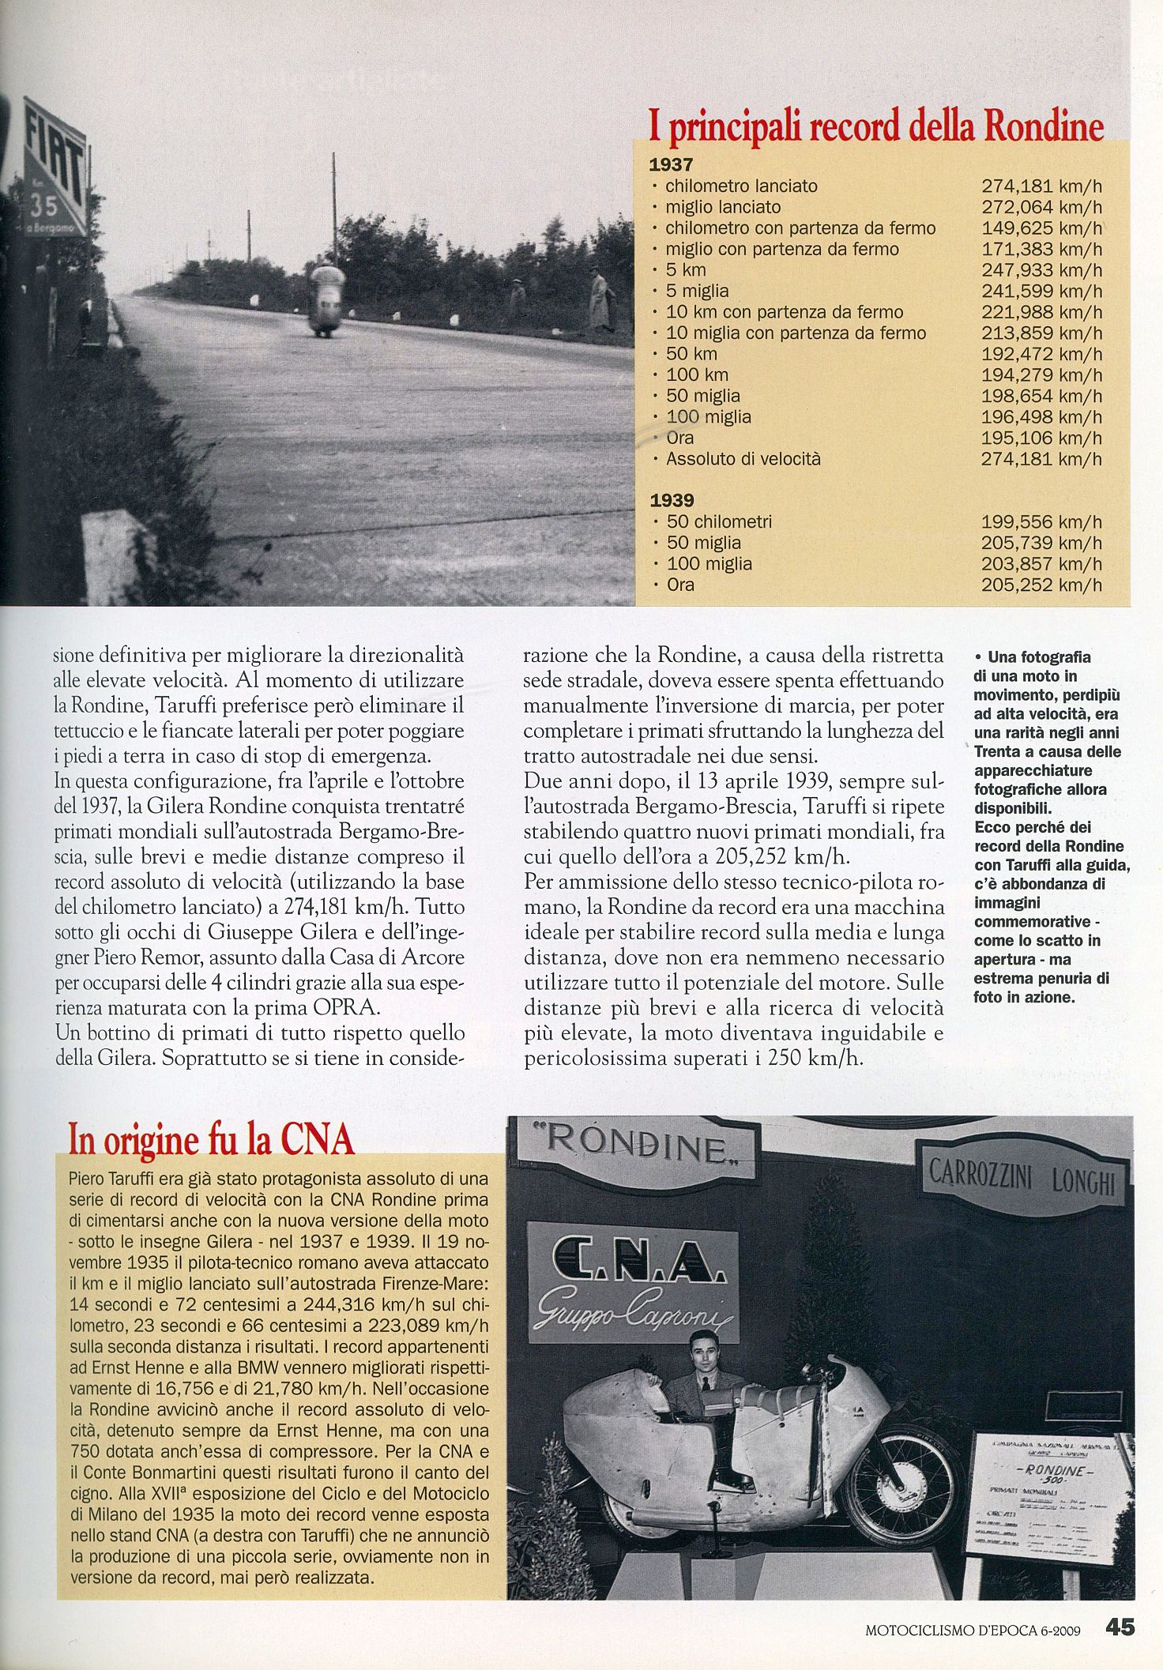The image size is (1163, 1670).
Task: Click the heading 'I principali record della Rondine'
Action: point(875,126)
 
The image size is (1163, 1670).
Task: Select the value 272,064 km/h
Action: point(1041,208)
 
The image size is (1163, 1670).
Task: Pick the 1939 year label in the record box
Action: point(672,500)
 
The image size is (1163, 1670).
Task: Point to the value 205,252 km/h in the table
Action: point(1041,585)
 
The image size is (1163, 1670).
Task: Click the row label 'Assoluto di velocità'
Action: point(743,459)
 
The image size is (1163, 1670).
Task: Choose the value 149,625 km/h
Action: point(1041,228)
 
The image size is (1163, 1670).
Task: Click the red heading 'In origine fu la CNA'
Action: point(211,1139)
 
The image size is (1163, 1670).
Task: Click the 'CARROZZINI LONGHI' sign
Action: point(1022,1179)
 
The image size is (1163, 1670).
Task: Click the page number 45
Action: point(1120,1628)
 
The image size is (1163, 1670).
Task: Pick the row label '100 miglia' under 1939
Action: point(709,564)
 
